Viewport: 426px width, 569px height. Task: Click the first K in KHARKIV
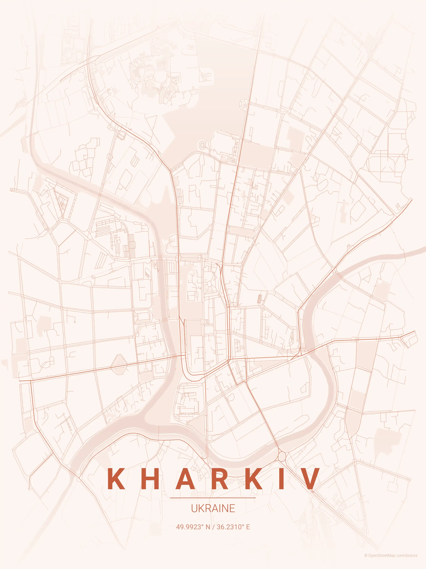(116, 479)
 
